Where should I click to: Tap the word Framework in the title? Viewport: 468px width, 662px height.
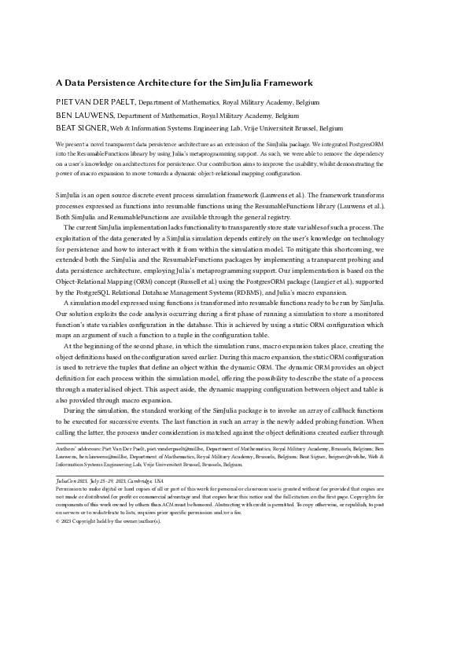click(289, 83)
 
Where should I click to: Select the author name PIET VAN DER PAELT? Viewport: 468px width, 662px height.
click(96, 102)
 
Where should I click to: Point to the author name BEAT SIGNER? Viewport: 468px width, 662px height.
click(82, 127)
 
